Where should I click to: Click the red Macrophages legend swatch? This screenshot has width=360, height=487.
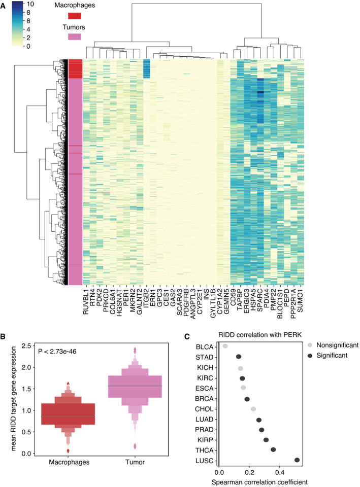click(x=74, y=17)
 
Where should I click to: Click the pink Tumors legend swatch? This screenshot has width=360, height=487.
click(x=74, y=37)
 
